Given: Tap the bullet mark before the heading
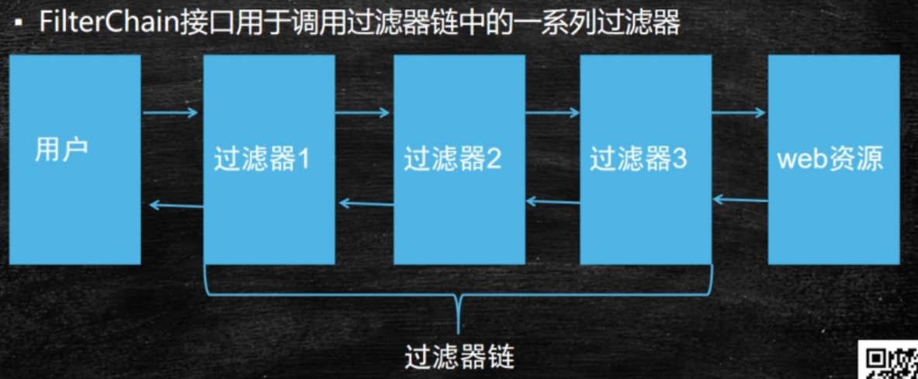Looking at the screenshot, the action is [x=18, y=24].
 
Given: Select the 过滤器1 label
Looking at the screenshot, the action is [x=262, y=160].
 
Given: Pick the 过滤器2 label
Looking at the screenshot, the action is [x=452, y=160].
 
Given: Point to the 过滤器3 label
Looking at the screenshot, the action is [x=638, y=160].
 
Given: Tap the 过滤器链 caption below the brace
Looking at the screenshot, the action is [x=459, y=358].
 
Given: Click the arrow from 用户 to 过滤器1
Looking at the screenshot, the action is [x=171, y=114].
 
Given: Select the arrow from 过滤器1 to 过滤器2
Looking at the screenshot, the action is [x=362, y=114].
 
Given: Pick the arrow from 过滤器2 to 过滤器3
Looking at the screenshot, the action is [x=552, y=114].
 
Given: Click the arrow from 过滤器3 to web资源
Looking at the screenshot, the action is [x=739, y=114].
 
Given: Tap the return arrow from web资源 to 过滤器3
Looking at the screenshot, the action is [x=740, y=200].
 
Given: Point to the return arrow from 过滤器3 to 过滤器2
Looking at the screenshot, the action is [x=553, y=202].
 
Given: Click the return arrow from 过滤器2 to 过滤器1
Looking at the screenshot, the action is [x=365, y=204].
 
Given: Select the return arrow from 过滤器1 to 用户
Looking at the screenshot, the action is [x=175, y=205].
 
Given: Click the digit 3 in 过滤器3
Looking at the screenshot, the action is [x=680, y=160].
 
